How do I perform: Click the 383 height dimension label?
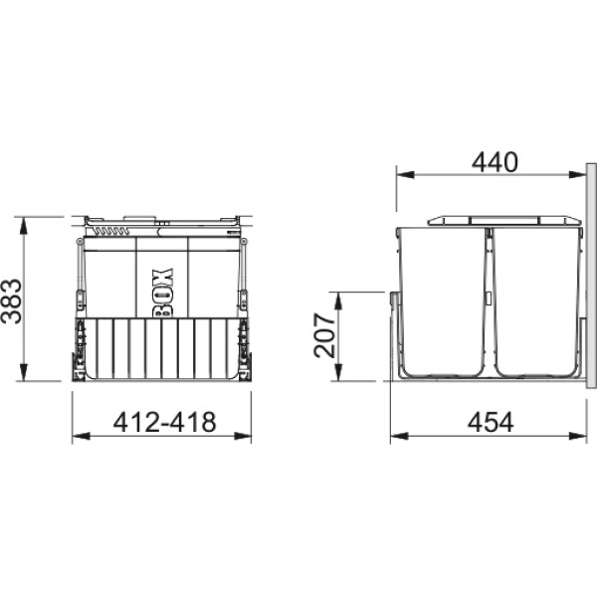tap(11, 301)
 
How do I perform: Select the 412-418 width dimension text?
tap(164, 422)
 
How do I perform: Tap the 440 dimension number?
tap(495, 162)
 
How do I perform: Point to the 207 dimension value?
tap(324, 335)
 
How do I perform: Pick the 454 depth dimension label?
tap(491, 422)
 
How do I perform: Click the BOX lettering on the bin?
tap(163, 293)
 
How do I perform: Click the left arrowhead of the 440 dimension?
tap(405, 175)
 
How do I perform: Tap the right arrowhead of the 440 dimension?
tap(577, 175)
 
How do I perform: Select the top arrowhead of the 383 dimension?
tap(24, 226)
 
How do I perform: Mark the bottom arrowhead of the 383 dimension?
tap(24, 371)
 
